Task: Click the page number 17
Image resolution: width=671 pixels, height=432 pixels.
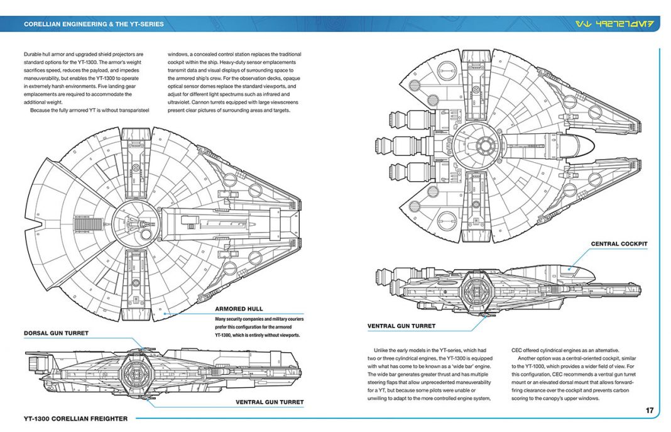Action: coord(649,411)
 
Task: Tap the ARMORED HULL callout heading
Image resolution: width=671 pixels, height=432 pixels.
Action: coord(239,309)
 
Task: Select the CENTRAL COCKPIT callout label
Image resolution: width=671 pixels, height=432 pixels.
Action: coord(619,244)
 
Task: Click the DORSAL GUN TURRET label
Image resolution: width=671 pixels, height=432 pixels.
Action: coord(56,333)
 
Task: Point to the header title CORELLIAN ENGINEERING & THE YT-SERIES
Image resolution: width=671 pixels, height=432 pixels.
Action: coord(94,25)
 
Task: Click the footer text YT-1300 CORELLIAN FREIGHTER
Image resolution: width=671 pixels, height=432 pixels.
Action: coord(75,418)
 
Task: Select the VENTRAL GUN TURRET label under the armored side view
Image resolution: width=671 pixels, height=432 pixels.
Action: coord(270,402)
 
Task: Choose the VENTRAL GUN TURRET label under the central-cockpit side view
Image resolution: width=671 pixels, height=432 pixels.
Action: coord(401,326)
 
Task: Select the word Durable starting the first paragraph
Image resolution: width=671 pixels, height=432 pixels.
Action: coord(36,54)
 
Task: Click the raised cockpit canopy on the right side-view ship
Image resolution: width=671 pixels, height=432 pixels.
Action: coord(572,270)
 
